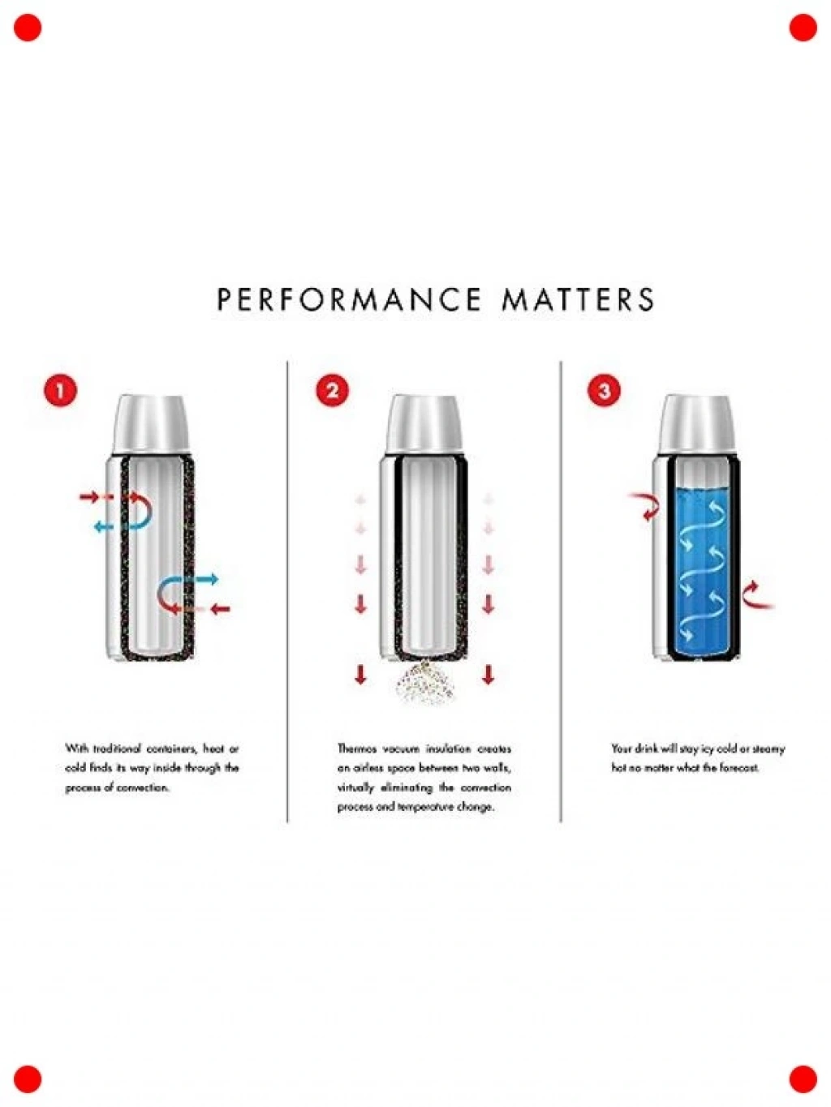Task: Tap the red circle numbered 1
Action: (60, 392)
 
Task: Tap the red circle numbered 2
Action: (333, 392)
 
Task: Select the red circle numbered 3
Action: (604, 392)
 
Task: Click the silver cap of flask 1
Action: (152, 423)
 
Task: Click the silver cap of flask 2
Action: (424, 423)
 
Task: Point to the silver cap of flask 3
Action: (697, 423)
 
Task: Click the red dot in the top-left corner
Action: (28, 28)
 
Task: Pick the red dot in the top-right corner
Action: (803, 28)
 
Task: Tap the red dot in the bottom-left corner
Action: (28, 1079)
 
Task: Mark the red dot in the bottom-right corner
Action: (803, 1079)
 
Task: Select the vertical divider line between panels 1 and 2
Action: (287, 591)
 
